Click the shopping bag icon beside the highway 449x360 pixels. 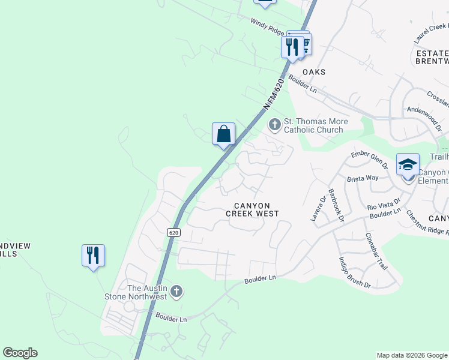[x=223, y=133]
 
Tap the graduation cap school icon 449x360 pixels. [x=408, y=164]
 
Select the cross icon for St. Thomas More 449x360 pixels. [x=275, y=125]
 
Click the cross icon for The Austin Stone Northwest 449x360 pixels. [x=176, y=292]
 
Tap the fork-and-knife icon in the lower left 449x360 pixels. [x=93, y=255]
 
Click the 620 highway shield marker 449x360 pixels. [x=173, y=232]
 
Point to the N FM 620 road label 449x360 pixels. [x=274, y=94]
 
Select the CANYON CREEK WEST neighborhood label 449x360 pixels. [x=252, y=209]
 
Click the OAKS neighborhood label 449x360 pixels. [x=314, y=72]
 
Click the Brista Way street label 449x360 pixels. [x=363, y=178]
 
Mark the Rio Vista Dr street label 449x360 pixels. [x=384, y=206]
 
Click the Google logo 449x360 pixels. [x=20, y=353]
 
